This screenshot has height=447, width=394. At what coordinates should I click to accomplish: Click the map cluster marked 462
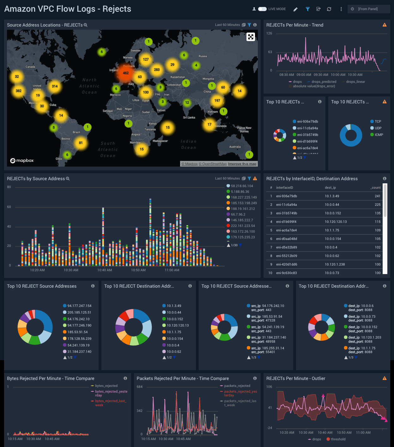point(126,73)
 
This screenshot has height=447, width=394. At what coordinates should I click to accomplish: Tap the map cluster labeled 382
point(19,91)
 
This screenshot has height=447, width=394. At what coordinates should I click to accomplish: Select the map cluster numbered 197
point(217,101)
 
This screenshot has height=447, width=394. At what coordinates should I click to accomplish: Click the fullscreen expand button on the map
point(251,37)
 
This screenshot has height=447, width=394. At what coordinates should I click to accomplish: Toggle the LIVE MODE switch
point(262,9)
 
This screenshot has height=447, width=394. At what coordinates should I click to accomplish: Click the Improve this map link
point(242,164)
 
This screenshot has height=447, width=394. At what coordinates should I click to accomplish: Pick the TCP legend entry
point(378,121)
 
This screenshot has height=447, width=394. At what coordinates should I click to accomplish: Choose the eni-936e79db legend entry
point(307,121)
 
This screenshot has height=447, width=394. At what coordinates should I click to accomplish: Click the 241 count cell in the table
point(377,196)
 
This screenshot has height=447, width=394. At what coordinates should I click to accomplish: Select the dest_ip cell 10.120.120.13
point(336,222)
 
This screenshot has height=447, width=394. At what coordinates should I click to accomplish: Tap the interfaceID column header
point(284,187)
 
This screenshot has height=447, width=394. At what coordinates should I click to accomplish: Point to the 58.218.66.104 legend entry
point(242,186)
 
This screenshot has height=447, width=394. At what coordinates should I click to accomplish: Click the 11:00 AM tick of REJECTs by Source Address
point(172,270)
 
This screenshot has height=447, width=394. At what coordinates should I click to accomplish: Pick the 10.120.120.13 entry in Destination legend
point(178,325)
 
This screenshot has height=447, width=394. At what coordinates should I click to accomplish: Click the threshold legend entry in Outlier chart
point(338,439)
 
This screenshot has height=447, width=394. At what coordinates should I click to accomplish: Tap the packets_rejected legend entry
point(237,386)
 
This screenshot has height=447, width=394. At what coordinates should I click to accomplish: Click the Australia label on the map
point(235,147)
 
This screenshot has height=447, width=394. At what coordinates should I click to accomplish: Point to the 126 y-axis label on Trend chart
point(269,33)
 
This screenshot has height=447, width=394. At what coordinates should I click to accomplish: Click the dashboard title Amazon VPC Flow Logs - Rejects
point(68,9)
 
